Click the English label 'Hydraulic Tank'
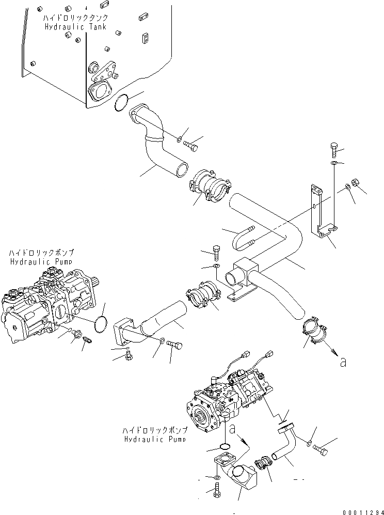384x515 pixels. point(75,27)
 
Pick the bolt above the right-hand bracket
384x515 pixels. point(333,149)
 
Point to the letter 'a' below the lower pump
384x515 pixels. point(233,429)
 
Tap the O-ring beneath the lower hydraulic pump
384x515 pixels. point(225,446)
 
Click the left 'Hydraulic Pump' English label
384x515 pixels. point(42,261)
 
